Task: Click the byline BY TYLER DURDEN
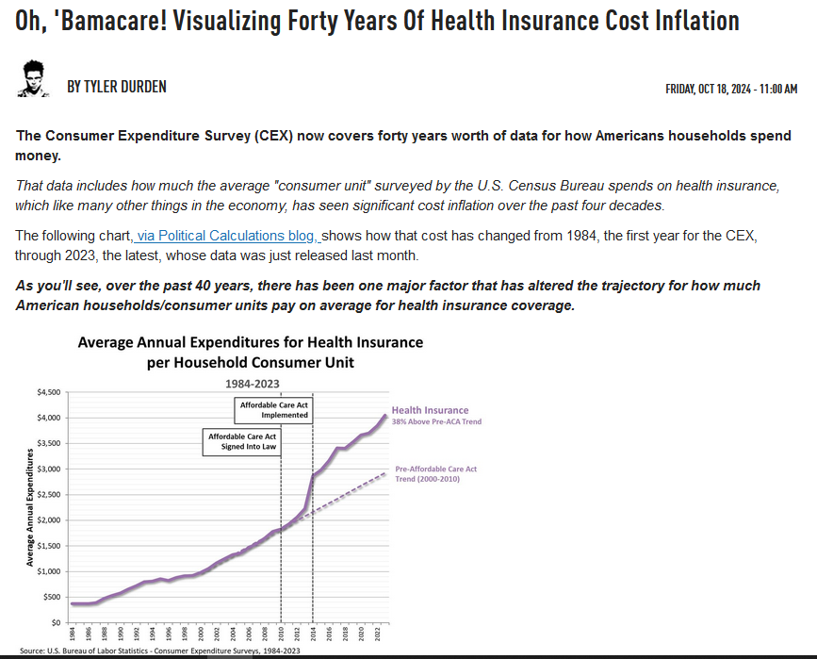117,87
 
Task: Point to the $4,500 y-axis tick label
48,392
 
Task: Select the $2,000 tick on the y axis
48,520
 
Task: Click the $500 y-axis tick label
51,598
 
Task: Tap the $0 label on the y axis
56,623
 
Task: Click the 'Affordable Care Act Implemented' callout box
273,409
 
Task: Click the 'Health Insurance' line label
430,410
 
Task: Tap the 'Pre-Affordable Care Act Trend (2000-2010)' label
435,473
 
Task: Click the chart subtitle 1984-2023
252,383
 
